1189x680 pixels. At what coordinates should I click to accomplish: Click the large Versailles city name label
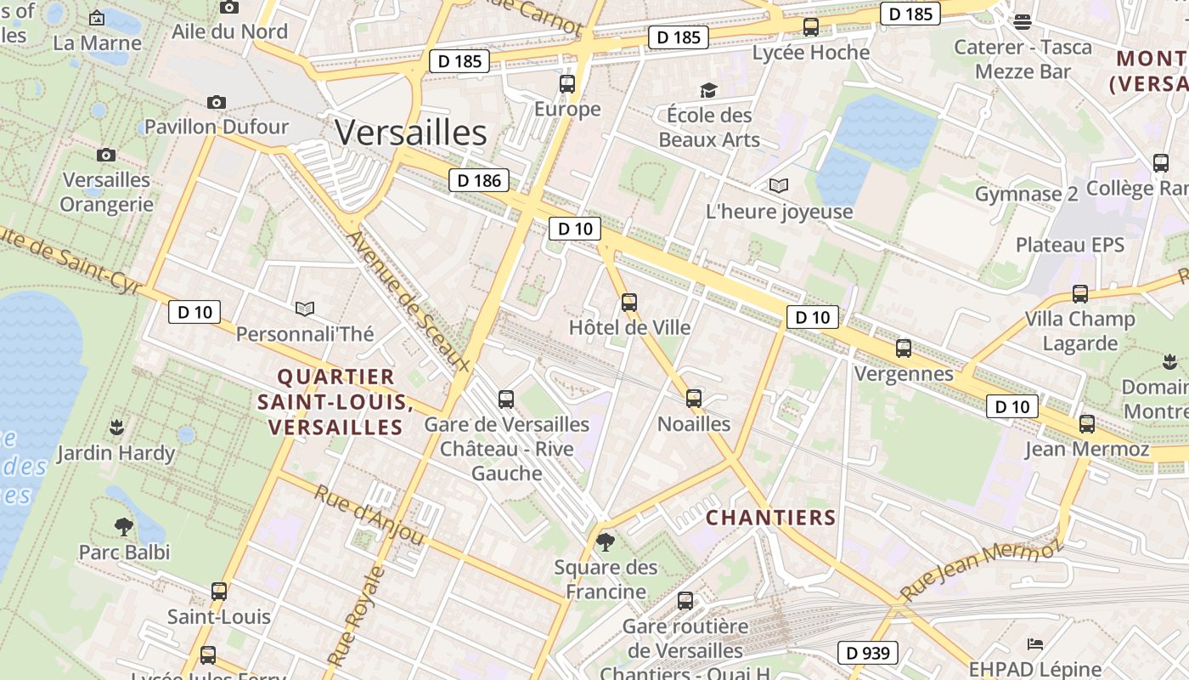pos(410,133)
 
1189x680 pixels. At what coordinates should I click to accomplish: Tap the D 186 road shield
pos(479,180)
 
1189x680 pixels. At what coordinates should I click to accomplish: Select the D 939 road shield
pos(868,653)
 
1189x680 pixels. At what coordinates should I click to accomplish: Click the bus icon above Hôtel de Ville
pos(628,302)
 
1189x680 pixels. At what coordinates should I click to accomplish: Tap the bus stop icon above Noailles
pos(694,398)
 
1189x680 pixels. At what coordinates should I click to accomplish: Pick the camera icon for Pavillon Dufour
pos(217,102)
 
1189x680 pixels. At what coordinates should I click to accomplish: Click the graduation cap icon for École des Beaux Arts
pos(708,90)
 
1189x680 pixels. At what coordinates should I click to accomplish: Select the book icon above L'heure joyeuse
pos(779,185)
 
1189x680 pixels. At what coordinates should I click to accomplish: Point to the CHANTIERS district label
pos(771,518)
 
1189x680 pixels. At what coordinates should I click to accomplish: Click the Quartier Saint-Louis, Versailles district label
pos(335,402)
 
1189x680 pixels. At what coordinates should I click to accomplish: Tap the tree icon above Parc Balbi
pos(124,527)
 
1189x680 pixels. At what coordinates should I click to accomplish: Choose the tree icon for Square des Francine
pos(605,542)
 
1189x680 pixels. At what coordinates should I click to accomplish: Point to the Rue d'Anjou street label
pos(369,515)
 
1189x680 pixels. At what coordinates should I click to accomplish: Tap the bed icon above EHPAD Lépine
pos(1034,643)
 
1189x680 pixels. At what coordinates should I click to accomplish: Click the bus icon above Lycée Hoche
pos(811,27)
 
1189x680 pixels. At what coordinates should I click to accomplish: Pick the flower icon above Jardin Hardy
pos(116,426)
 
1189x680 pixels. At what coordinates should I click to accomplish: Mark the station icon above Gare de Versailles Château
pos(506,399)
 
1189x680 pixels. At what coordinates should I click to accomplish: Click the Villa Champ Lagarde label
pos(1079,331)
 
